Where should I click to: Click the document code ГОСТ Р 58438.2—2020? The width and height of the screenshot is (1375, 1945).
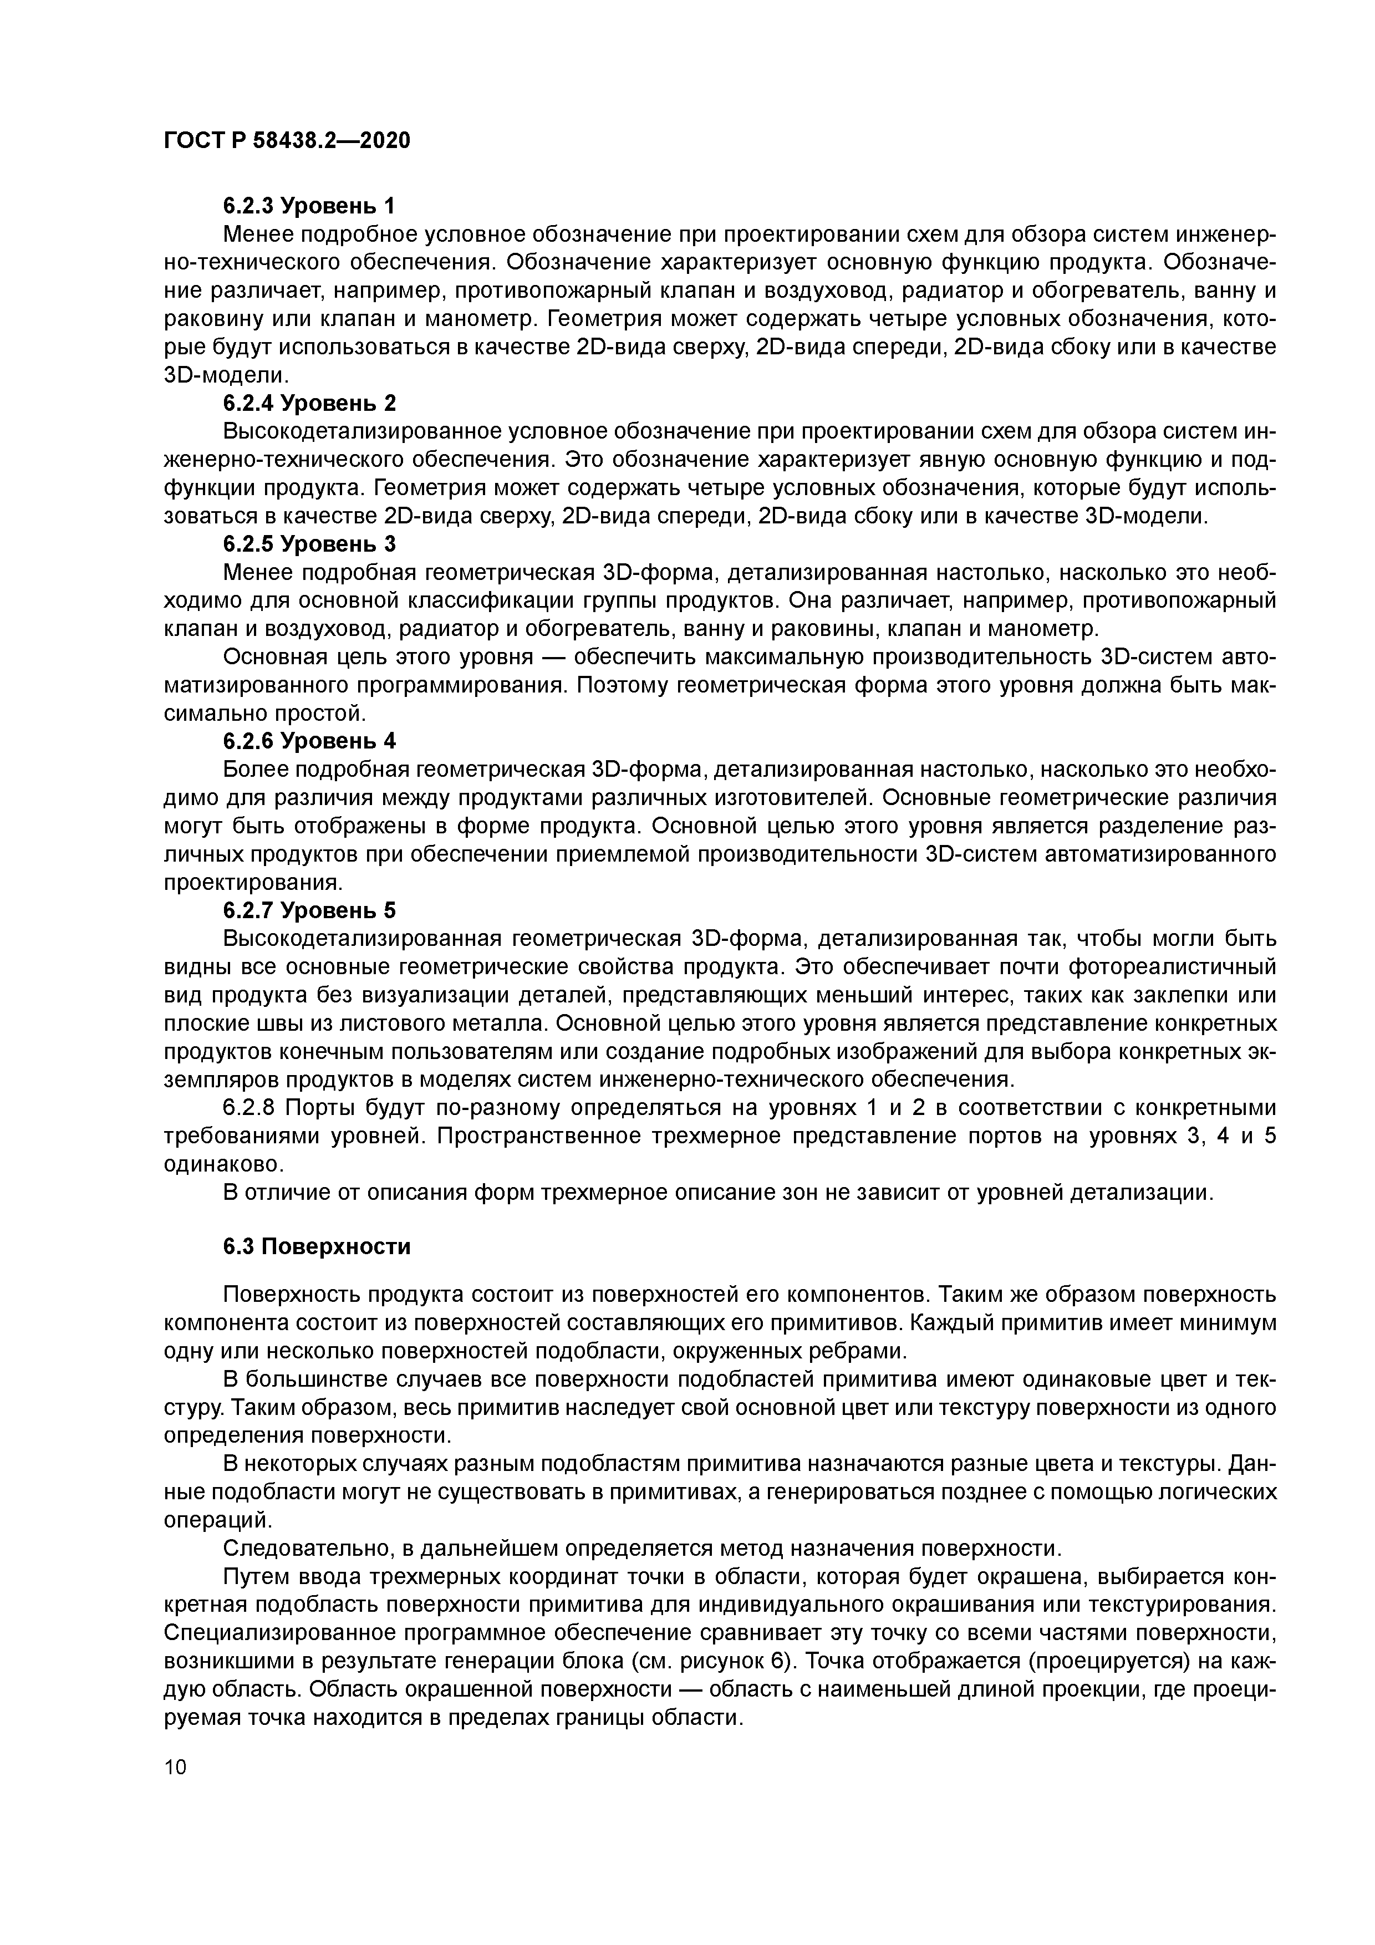pyautogui.click(x=286, y=140)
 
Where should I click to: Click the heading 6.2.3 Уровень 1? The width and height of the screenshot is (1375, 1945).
pyautogui.click(x=309, y=206)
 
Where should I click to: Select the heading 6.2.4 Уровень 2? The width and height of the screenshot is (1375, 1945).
pyautogui.click(x=309, y=403)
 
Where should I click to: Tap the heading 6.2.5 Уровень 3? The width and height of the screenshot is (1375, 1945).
pyautogui.click(x=309, y=543)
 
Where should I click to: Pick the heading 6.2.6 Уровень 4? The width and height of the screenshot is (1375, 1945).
pyautogui.click(x=309, y=740)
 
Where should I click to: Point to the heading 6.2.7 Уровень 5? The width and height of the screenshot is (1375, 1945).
pyautogui.click(x=309, y=910)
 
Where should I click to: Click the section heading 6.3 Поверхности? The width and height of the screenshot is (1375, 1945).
pyautogui.click(x=317, y=1247)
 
